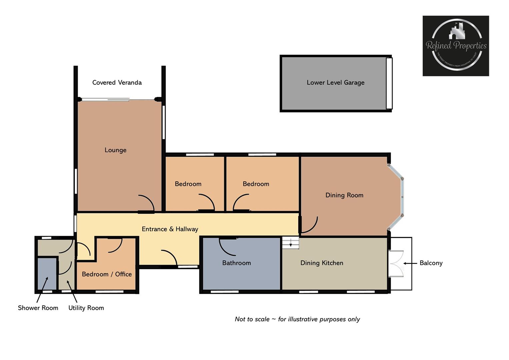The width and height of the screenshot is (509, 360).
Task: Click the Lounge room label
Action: tap(115, 150)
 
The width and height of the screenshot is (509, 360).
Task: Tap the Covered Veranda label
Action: tap(117, 82)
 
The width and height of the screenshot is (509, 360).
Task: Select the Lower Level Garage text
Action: tap(335, 82)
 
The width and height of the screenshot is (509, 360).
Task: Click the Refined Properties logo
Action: tap(456, 46)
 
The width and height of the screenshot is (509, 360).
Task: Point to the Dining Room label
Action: tap(344, 195)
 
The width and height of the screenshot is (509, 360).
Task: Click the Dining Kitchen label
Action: tap(322, 263)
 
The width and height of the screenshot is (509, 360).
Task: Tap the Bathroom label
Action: tap(236, 263)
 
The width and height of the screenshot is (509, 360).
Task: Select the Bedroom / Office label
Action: tap(107, 274)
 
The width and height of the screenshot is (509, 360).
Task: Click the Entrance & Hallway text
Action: tap(170, 229)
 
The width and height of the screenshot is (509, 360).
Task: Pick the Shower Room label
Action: tap(38, 308)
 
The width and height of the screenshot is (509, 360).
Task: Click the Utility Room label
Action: tap(86, 308)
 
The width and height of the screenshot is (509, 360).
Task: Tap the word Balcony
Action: tap(431, 263)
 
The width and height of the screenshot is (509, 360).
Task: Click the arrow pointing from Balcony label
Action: tap(410, 263)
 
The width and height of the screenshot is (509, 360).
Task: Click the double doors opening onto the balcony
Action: tap(396, 264)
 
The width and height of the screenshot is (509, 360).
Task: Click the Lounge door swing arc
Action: tap(147, 203)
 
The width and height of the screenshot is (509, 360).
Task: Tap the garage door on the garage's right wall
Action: tap(389, 83)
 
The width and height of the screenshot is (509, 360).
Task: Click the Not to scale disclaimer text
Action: tap(297, 319)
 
